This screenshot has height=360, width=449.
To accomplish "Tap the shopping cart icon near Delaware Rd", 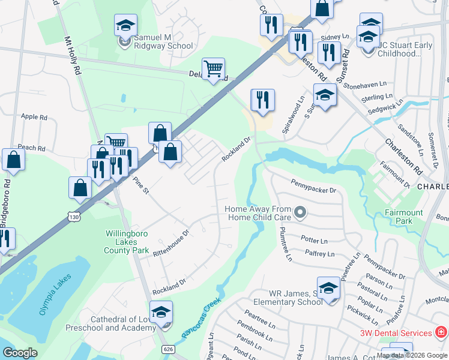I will click(x=213, y=70).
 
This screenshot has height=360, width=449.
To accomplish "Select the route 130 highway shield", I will click(x=73, y=216).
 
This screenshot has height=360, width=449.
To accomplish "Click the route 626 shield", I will click(x=168, y=349).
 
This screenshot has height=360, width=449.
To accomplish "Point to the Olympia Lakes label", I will click(x=55, y=294).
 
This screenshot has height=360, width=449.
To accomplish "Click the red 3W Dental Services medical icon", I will click(x=441, y=332).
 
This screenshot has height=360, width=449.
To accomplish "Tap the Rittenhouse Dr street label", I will click(x=172, y=241).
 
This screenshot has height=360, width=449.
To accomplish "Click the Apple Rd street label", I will click(x=34, y=117).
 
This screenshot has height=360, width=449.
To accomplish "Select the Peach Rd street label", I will click(x=32, y=148).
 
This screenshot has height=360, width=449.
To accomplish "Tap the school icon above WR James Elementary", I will click(x=328, y=289).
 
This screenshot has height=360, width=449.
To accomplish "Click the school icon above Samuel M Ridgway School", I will click(x=125, y=26).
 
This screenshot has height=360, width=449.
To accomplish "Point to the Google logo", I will click(x=20, y=353).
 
